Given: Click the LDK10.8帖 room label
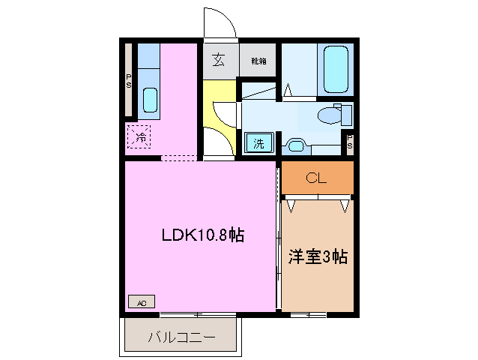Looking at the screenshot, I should click(x=203, y=235).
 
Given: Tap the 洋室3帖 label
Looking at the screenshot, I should click(x=318, y=256).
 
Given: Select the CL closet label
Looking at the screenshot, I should click(x=317, y=178).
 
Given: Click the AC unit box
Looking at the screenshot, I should click(x=142, y=302).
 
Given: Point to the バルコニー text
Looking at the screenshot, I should click(x=181, y=337).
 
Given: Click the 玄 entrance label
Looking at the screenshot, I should click(x=219, y=61).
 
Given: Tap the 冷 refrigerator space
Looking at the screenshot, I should click(x=140, y=137).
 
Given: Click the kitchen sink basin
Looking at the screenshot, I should click(x=149, y=100).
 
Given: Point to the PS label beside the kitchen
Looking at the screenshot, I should click(x=129, y=80).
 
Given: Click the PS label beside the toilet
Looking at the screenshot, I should click(x=349, y=142).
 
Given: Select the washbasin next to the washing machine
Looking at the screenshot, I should click(x=294, y=144).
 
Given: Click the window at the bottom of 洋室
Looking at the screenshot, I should click(x=309, y=313).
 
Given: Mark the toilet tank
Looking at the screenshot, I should click(x=345, y=115).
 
